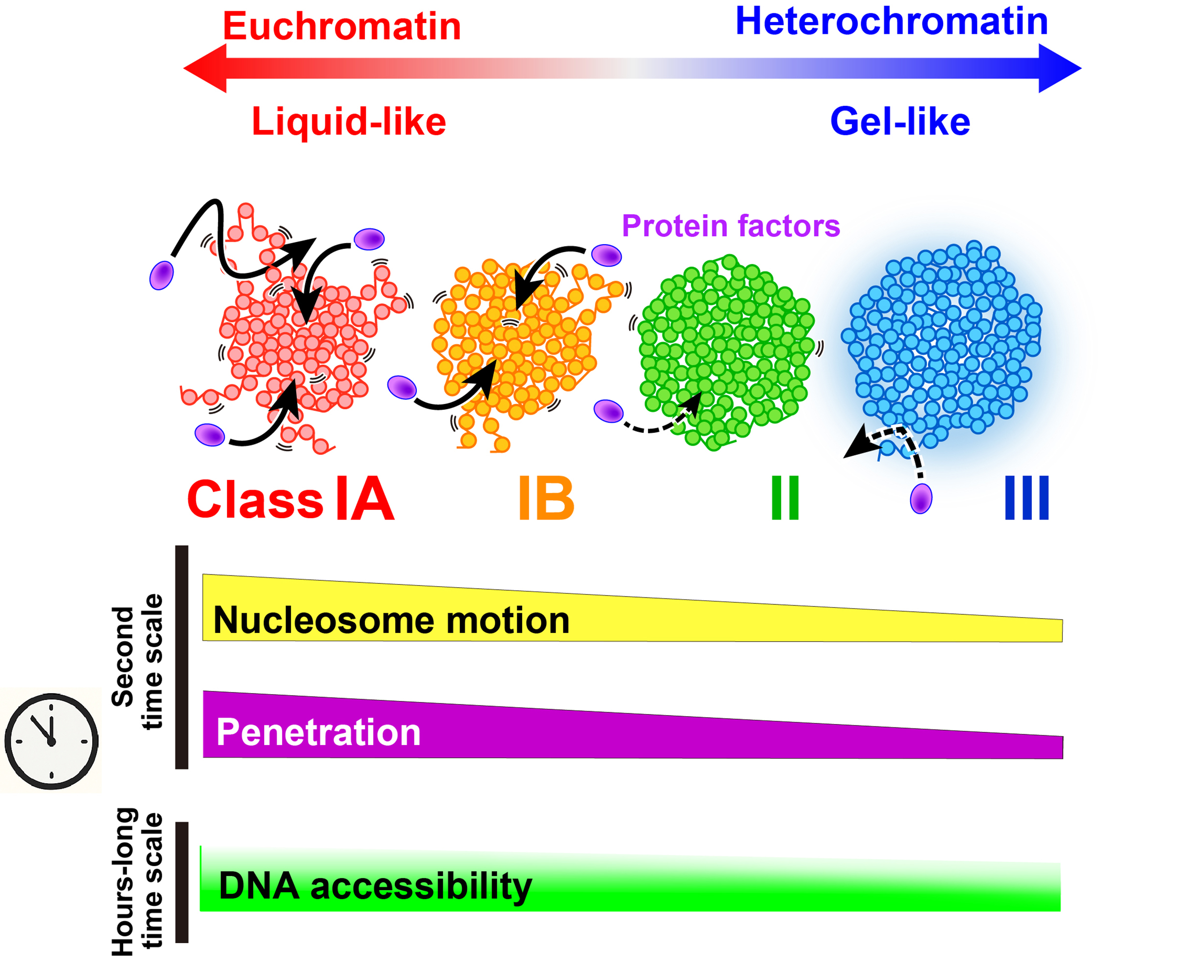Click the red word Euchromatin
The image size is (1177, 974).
point(341,26)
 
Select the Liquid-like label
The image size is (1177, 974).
point(349,122)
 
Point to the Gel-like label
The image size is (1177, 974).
point(899,122)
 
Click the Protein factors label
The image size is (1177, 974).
point(730,225)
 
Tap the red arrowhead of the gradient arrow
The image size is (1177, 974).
point(205,68)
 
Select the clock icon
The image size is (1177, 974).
point(51,741)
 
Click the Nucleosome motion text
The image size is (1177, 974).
point(391,621)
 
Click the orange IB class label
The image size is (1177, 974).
point(546,499)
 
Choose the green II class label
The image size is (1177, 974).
point(785,499)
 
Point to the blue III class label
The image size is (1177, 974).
point(1026,499)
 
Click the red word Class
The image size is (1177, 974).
point(255,499)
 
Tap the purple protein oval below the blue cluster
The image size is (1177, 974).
point(921,499)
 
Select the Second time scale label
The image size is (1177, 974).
point(137,661)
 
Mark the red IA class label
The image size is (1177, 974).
point(365,499)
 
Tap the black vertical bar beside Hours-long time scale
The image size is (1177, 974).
point(181,882)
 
